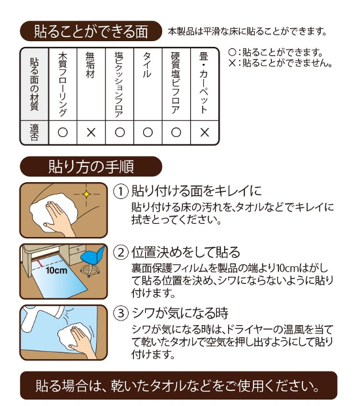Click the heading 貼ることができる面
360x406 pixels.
[91, 31]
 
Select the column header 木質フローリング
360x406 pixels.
[63, 84]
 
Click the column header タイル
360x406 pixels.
[147, 66]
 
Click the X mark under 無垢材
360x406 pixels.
[91, 133]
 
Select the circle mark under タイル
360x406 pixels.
[147, 133]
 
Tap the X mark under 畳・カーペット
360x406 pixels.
[204, 133]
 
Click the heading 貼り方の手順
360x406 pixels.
[91, 166]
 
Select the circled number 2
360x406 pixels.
[120, 252]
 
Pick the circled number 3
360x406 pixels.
[120, 313]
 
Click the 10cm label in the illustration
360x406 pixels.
[56, 270]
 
